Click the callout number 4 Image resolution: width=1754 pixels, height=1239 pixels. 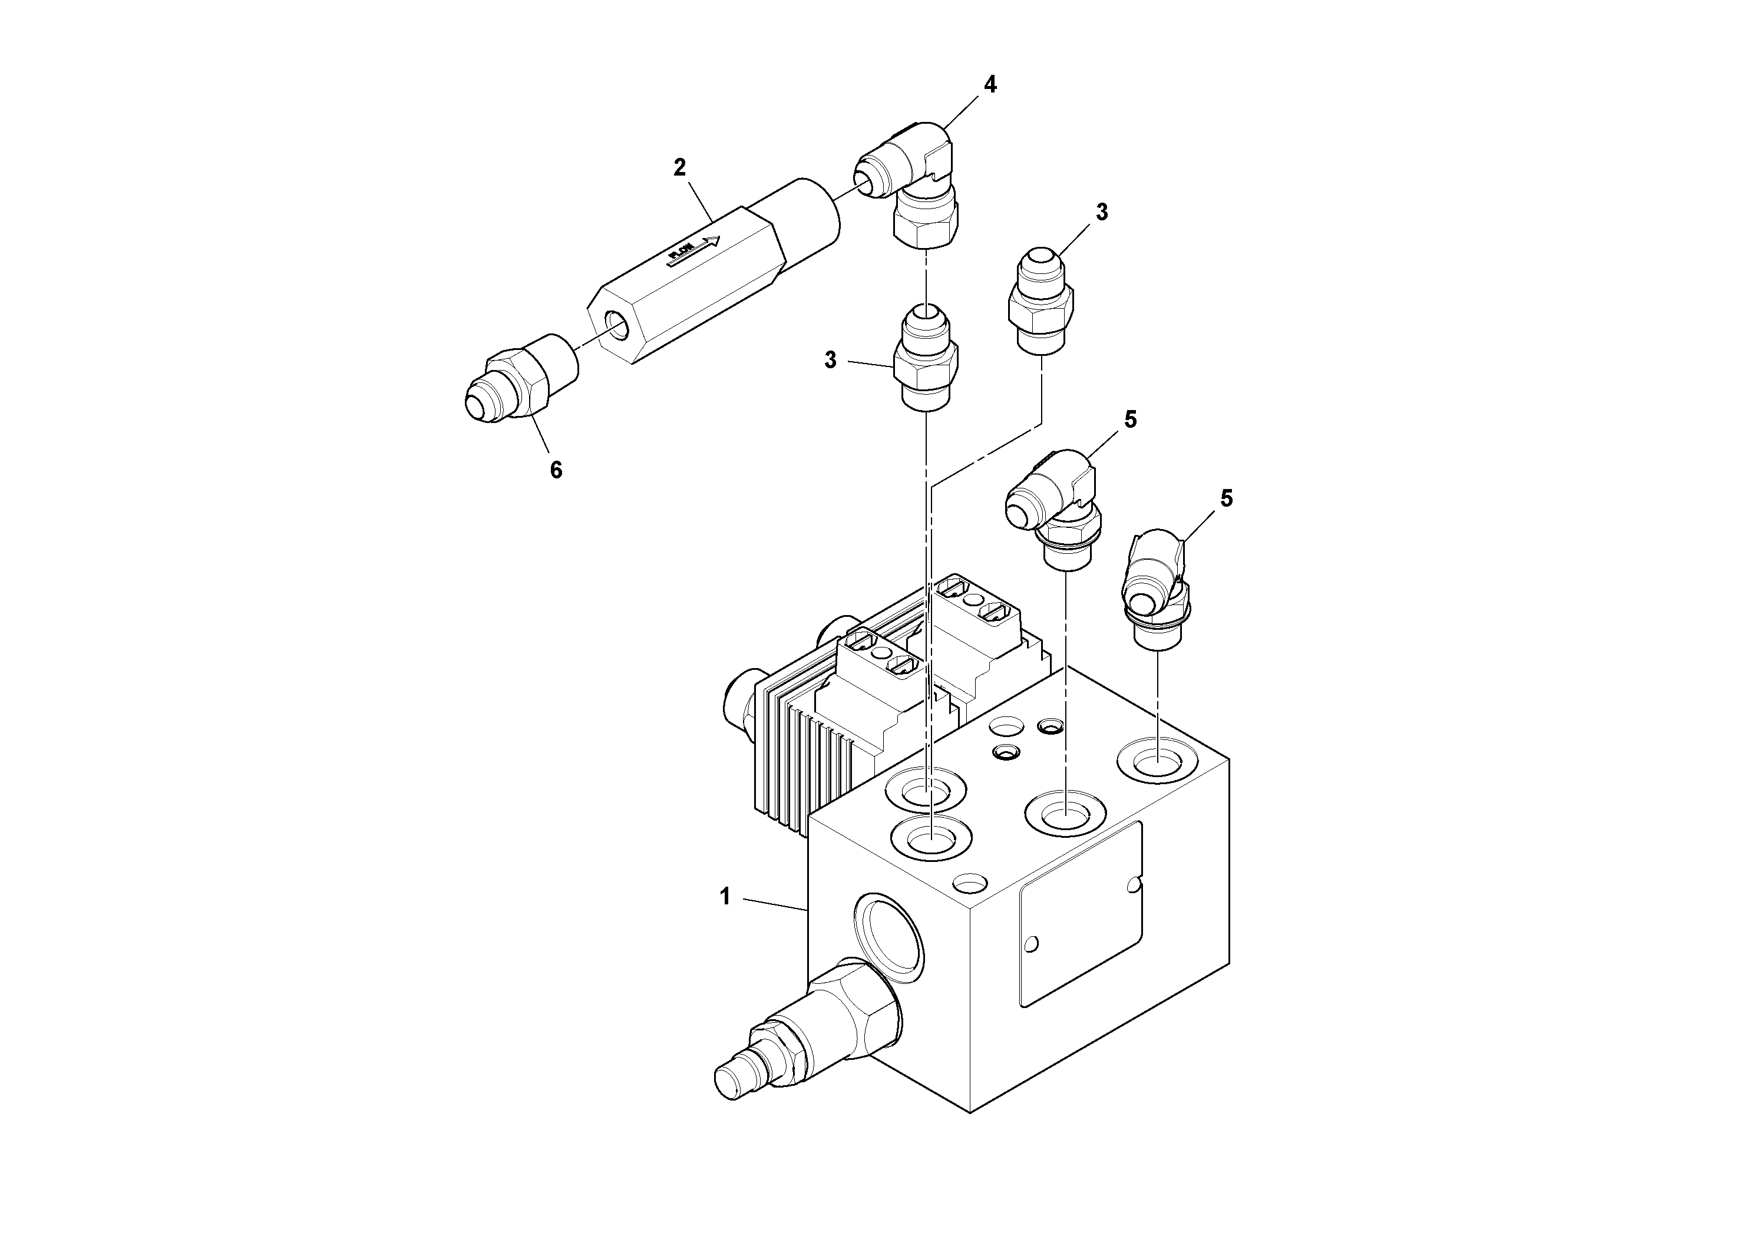point(990,85)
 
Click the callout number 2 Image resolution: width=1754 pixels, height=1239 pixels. point(679,167)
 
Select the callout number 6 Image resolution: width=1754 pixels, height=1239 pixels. point(556,471)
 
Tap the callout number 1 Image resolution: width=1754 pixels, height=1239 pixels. point(725,897)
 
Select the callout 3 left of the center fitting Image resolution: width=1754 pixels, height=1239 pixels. point(830,360)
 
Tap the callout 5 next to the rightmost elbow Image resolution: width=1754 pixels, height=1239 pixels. point(1226,498)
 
